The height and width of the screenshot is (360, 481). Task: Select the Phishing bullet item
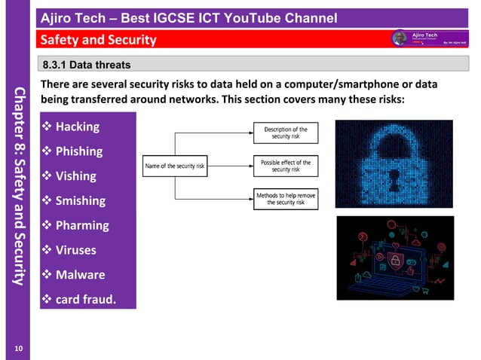click(x=79, y=151)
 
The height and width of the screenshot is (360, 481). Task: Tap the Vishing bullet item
click(x=75, y=176)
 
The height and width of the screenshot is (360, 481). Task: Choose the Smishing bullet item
click(x=80, y=201)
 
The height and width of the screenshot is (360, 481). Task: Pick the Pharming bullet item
click(x=81, y=225)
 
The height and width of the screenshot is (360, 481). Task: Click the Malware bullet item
click(x=80, y=275)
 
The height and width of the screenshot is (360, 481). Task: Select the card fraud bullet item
click(x=85, y=300)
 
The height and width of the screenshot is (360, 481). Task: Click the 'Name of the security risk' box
click(x=174, y=166)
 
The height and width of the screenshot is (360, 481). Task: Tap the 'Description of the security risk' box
click(x=286, y=133)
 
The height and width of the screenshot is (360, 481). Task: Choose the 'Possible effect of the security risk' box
click(x=286, y=166)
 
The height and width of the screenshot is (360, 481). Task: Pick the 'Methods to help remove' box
click(x=286, y=199)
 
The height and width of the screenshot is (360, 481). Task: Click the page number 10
click(x=18, y=348)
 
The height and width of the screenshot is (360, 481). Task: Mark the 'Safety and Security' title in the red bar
click(x=98, y=40)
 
